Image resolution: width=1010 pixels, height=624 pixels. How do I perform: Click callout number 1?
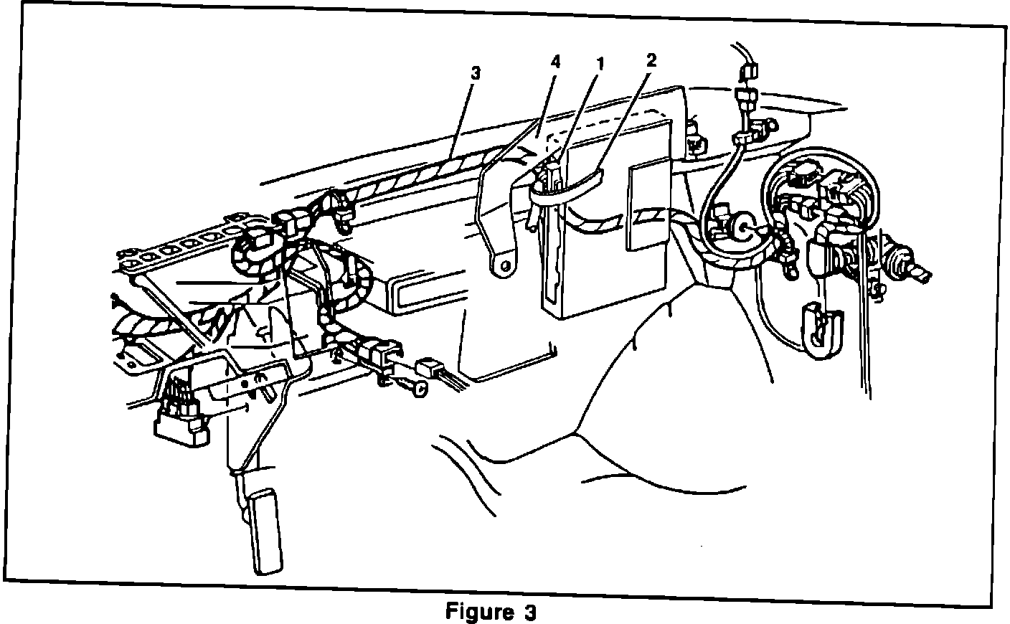pyautogui.click(x=600, y=63)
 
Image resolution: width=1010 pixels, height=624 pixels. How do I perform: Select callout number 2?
pyautogui.click(x=651, y=60)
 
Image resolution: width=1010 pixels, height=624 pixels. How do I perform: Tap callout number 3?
pyautogui.click(x=476, y=73)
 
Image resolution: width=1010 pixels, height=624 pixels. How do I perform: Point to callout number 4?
pyautogui.click(x=555, y=62)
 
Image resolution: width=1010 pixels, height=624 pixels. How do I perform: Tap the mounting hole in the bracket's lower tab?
pyautogui.click(x=505, y=264)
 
